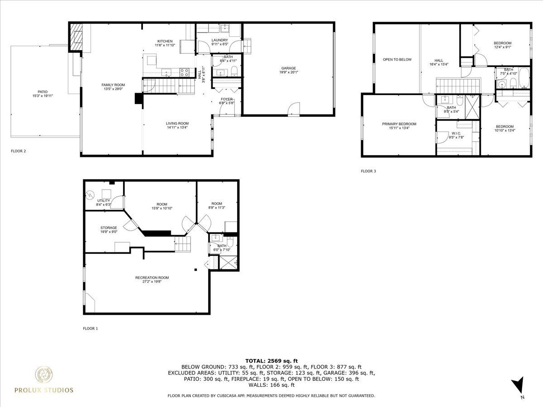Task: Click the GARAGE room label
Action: point(288,68)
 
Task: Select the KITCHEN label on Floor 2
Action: point(165,41)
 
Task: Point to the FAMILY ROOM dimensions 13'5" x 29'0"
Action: point(113,89)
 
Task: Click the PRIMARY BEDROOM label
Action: point(399,124)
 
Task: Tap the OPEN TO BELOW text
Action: point(397,60)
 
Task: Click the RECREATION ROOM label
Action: point(152,278)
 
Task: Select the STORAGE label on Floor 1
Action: point(109,227)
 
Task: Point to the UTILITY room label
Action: point(104,201)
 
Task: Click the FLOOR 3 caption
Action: point(368,171)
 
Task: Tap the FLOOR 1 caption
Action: point(90,328)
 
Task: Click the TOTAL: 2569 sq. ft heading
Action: point(271,361)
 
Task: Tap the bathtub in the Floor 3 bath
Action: point(524,78)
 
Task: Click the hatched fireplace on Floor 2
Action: point(76,37)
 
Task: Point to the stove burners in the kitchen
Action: point(185,72)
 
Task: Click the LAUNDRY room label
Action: point(219,40)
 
